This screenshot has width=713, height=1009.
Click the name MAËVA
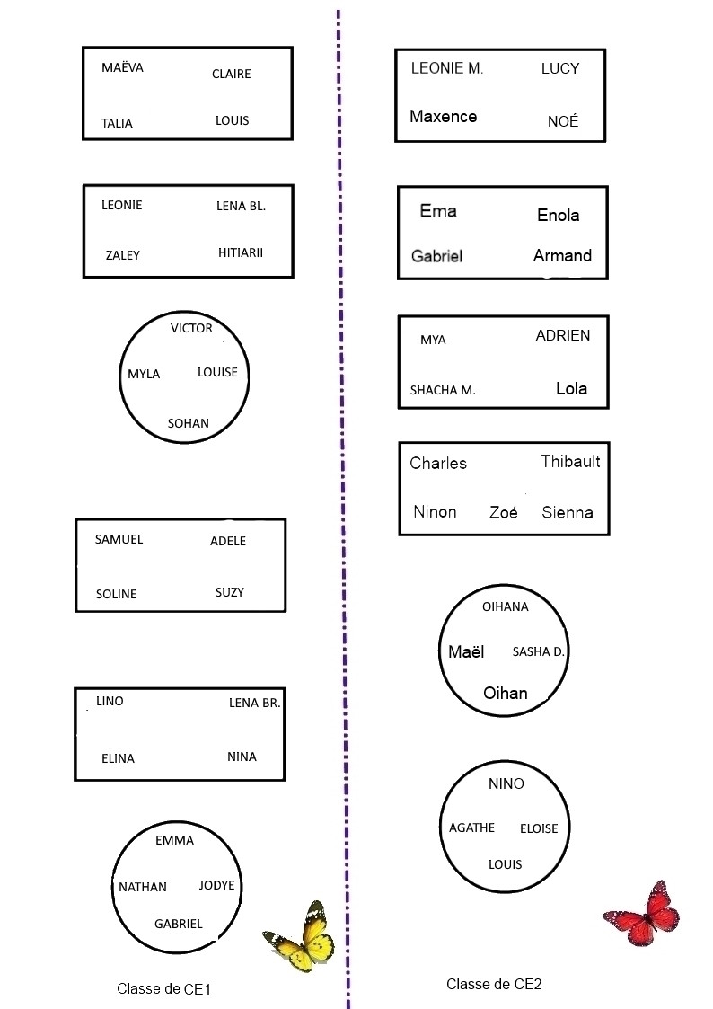point(122,67)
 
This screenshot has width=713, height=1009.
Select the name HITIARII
point(241,252)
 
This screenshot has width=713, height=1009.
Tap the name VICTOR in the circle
point(191,328)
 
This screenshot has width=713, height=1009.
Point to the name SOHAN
point(189,423)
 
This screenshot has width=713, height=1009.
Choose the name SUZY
point(230,592)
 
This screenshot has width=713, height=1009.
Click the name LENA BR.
point(255,703)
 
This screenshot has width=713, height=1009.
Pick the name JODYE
point(216,885)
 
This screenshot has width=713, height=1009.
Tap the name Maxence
point(443,116)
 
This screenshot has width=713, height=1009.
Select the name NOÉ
point(563,121)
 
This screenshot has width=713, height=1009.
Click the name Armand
point(562,255)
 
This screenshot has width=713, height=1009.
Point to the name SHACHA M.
point(443,390)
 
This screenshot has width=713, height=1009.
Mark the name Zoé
point(503,513)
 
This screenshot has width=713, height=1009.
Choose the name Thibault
point(570,461)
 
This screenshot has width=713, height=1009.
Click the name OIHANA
point(506,606)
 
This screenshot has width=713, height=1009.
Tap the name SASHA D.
point(538,651)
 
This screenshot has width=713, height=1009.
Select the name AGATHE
point(471,828)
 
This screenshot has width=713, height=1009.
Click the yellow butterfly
point(302,936)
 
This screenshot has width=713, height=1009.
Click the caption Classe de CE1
point(163,989)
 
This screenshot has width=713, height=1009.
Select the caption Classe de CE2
point(494,984)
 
